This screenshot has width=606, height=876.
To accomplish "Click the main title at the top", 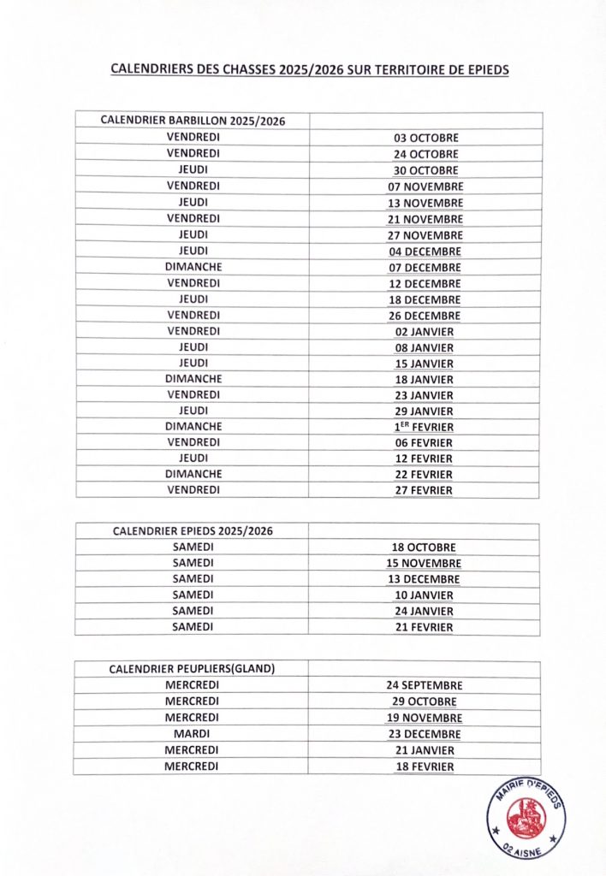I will point(310,70).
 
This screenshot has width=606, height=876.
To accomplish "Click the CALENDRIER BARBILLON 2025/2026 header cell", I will point(193,121).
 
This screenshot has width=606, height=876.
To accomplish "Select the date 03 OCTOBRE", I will point(425,138).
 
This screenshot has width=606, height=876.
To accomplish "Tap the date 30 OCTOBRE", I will point(425,170).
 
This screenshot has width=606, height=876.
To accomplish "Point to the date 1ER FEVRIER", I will point(424,426).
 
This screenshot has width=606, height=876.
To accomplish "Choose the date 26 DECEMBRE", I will point(425,316).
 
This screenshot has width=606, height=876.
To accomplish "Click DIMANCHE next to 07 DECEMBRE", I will point(193,267).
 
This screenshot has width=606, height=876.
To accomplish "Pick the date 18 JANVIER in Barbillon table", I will point(425,379).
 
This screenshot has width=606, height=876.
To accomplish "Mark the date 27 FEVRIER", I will point(424,490).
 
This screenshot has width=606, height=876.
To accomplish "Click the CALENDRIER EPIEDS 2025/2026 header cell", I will point(193,531).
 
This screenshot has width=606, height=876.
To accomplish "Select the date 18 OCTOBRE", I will point(424,547).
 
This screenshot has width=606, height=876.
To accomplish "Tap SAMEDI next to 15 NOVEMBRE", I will point(193,563).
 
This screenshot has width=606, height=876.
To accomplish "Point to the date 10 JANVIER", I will point(424,595).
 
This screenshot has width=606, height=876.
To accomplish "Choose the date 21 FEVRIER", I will point(424,627).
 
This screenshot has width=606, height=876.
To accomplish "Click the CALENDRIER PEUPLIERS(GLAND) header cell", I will point(192,669).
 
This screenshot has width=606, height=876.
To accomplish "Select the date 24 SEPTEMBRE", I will point(424,685).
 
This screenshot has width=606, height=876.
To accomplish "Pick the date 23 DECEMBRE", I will point(424,734).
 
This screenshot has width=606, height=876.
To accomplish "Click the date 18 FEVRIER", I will point(424,766).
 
